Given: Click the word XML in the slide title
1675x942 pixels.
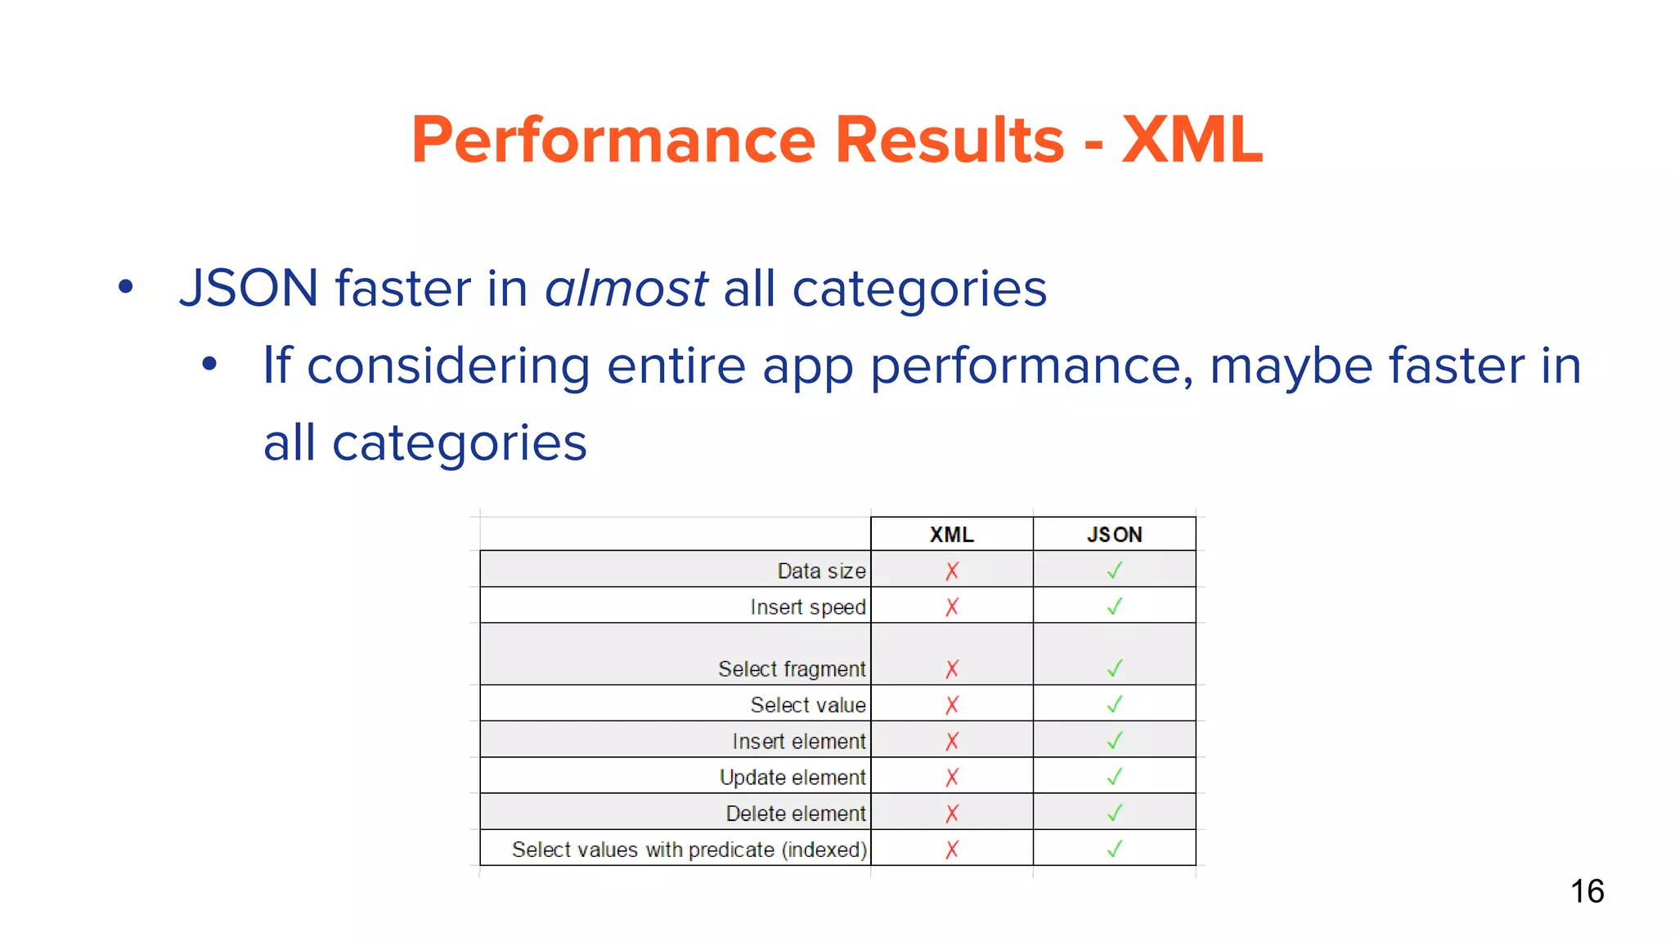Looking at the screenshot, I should tap(1192, 140).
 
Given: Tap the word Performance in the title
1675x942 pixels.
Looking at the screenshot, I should tap(613, 140).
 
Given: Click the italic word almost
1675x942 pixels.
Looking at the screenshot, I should tap(626, 289).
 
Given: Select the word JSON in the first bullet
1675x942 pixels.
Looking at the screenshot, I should tap(249, 289).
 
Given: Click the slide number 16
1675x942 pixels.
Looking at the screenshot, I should tap(1587, 891).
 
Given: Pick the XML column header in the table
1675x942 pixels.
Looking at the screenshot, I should tap(951, 535).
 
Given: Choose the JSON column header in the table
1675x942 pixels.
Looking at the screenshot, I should tap(1114, 535).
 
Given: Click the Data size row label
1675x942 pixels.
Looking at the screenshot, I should tap(821, 571).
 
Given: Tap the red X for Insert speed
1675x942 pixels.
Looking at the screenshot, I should tap(952, 607).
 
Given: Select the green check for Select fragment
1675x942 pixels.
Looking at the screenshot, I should tap(1114, 669).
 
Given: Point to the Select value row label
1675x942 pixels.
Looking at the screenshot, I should tap(807, 705).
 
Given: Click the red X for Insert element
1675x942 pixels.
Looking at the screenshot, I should tap(952, 741).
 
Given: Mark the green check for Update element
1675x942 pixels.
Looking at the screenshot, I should tap(1114, 777).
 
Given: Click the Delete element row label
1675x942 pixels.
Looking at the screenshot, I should tap(795, 814).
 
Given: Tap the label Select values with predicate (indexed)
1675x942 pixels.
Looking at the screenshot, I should tap(689, 850).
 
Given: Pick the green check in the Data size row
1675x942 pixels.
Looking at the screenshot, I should tap(1114, 571).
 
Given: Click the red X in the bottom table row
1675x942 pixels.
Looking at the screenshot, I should tap(952, 850).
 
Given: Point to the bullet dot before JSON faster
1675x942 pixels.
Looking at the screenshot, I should tap(125, 287).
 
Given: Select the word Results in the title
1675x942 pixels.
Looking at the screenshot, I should tap(950, 140).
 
